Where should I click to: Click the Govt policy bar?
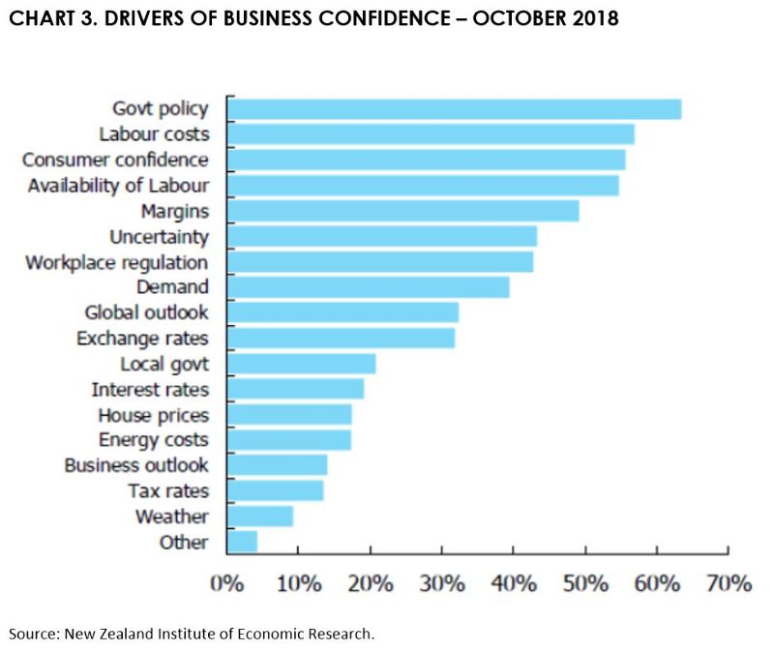point(454,108)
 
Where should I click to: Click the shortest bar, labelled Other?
point(242,542)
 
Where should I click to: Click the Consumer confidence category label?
point(115,160)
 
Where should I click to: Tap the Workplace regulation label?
point(116,262)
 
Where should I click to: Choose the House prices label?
point(153,415)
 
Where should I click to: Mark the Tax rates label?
point(167,491)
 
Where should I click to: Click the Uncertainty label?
point(159,236)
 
